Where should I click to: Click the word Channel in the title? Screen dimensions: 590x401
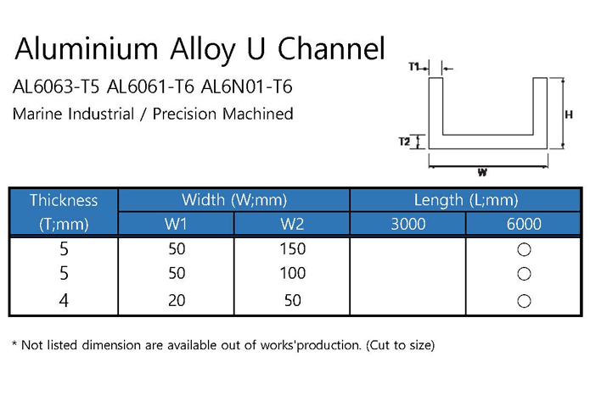coord(331,48)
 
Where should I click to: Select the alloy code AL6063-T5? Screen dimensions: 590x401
coord(56,86)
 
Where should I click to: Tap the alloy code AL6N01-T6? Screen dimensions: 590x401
coord(247,86)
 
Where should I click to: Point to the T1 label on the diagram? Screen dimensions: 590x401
coord(414,67)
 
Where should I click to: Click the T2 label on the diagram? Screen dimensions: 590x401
coord(404,142)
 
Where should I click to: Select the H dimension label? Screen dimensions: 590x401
coord(569,114)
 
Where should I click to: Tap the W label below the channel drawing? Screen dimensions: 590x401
coord(482,172)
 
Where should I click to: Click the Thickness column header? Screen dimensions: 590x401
coord(64,200)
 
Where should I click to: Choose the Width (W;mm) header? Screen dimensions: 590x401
coord(234,200)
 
